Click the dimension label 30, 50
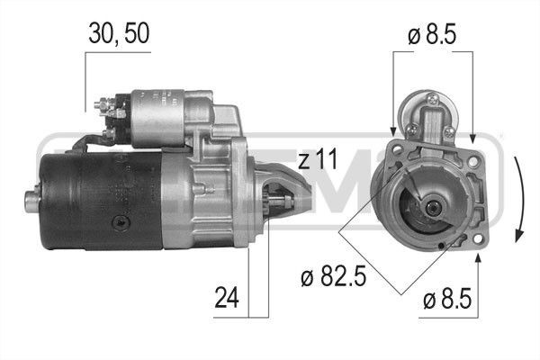coord(118,33)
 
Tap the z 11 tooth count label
coord(316,161)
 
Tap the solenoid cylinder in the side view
coord(162,118)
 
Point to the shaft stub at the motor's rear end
coord(33,201)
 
